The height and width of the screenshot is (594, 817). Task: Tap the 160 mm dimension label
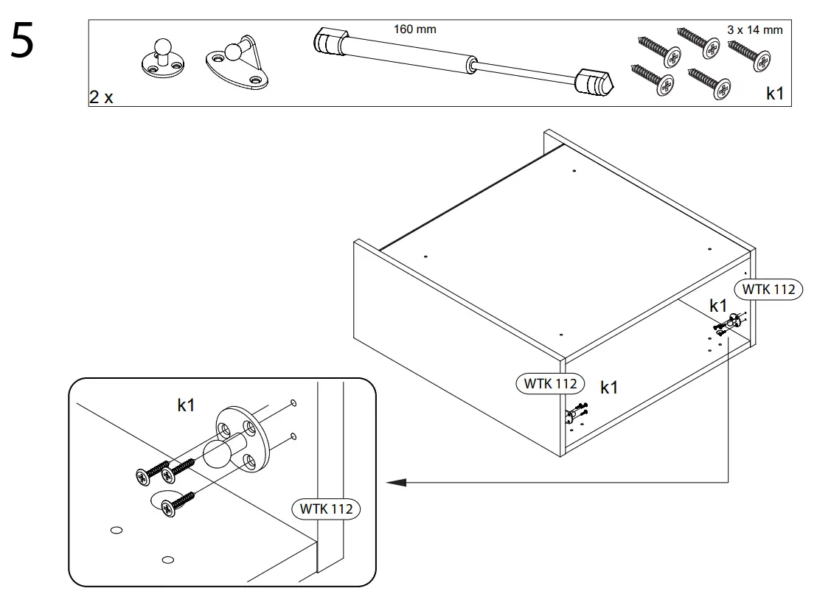(x=414, y=29)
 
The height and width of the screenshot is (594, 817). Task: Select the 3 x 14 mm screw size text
(x=754, y=30)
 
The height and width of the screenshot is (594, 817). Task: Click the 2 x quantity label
(x=102, y=97)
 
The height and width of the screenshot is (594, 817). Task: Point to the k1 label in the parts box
(x=775, y=94)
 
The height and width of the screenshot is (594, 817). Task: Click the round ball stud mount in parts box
(x=159, y=60)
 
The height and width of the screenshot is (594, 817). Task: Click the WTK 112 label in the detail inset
(x=325, y=509)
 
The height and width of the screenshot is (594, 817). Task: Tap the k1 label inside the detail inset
(x=186, y=404)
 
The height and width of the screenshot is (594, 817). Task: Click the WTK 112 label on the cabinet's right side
(x=769, y=289)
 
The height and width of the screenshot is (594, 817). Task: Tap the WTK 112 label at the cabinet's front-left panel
(x=550, y=383)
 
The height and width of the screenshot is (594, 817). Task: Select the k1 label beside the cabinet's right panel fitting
(x=718, y=305)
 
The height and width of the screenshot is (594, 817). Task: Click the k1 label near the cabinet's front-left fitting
(x=609, y=388)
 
